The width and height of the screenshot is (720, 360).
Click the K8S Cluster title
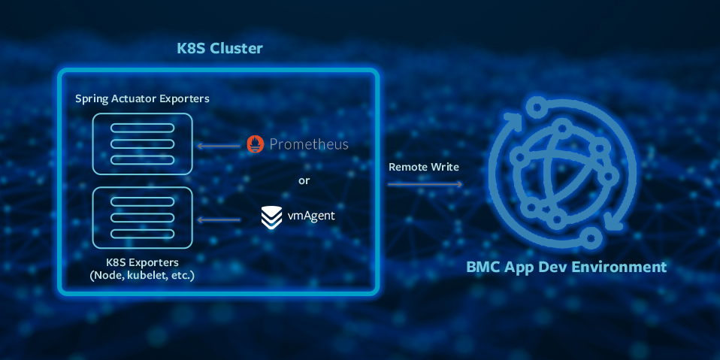click(x=219, y=50)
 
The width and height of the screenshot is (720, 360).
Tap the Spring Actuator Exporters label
click(x=142, y=98)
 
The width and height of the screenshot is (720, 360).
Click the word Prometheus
click(x=308, y=144)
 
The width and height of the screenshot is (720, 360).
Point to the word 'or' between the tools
click(x=304, y=180)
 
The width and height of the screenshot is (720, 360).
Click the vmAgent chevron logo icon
click(x=271, y=217)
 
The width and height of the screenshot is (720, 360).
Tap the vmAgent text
click(x=311, y=216)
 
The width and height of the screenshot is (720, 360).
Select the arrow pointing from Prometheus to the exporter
click(x=217, y=144)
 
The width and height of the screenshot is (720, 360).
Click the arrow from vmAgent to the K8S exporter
click(x=217, y=219)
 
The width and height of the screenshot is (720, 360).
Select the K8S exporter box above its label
click(x=142, y=218)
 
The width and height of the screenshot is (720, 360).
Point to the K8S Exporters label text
click(x=142, y=262)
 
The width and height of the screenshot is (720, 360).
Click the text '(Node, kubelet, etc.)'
click(x=142, y=276)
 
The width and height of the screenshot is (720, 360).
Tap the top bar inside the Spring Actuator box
click(x=142, y=127)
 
